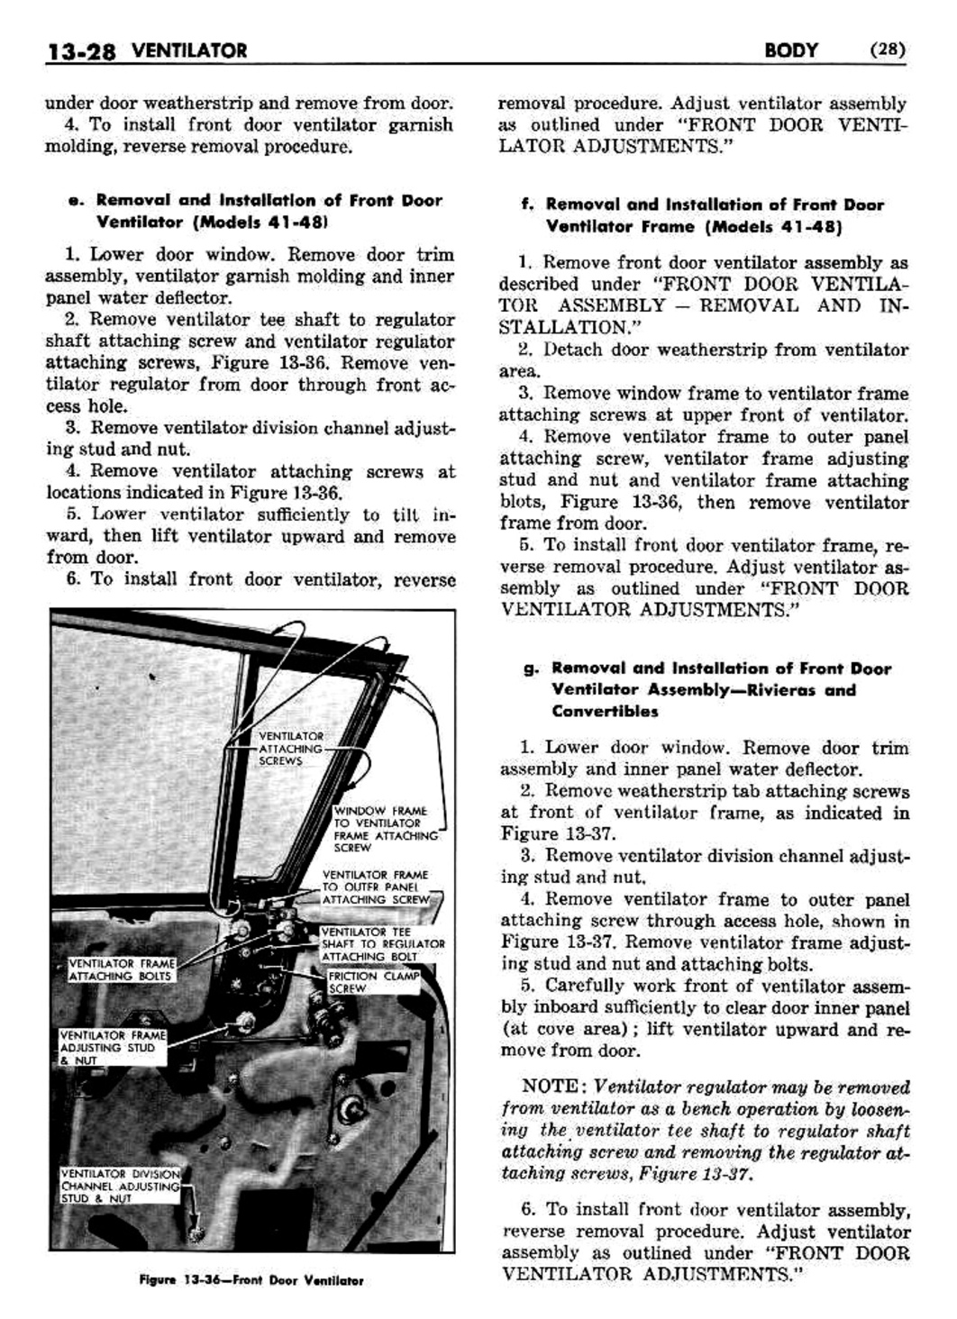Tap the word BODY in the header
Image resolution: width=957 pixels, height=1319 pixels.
pos(790,50)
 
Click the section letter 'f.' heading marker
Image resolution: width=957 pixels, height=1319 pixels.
pos(527,205)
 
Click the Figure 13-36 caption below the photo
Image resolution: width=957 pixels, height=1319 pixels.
pos(251,1280)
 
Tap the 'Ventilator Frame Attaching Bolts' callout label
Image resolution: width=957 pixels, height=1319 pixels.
pos(121,969)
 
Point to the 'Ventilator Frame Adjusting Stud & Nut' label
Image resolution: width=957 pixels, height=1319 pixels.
pos(112,1048)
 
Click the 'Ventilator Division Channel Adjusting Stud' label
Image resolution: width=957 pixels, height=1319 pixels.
pos(119,1186)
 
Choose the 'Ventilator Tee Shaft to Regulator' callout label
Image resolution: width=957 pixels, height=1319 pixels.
pos(382,943)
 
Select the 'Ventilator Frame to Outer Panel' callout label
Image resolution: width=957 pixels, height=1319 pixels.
pos(376,887)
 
